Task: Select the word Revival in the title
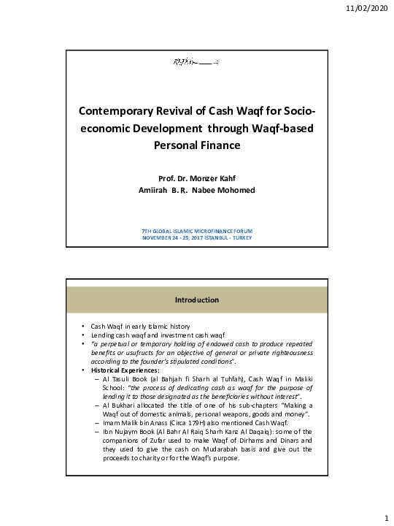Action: click(190, 113)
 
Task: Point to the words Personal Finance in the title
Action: click(196, 145)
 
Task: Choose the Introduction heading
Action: click(196, 300)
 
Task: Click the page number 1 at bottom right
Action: click(385, 517)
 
